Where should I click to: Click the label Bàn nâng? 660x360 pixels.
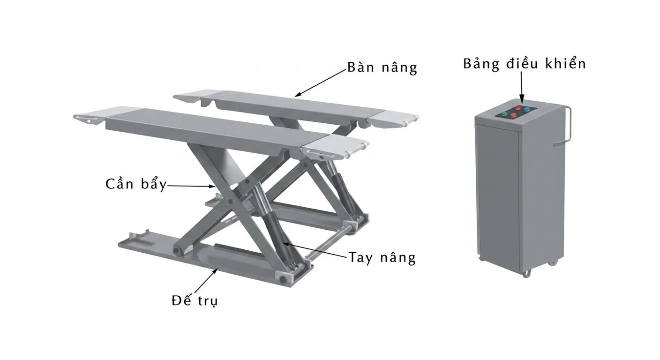pos(382,67)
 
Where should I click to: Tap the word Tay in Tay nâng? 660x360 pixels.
pos(360,258)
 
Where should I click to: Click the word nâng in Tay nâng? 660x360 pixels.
pos(397,258)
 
